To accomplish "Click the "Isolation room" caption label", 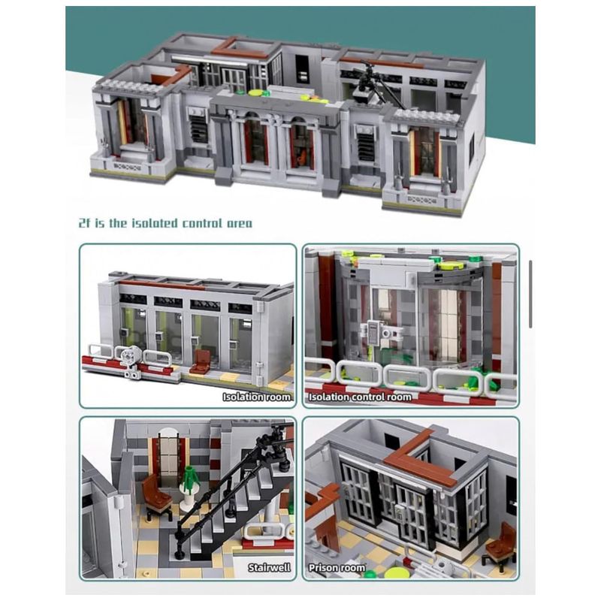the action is coord(256,397).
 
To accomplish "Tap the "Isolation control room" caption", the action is coord(360,397).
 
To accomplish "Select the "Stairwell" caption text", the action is coord(269,568).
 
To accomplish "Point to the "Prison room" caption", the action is coord(337,568).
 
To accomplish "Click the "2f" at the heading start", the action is coord(84,223).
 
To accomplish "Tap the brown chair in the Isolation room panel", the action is coord(201,361).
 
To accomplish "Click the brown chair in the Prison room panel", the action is coord(500,541).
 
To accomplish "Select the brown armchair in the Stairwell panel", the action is coord(157,496).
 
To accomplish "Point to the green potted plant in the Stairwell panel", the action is coord(189,480).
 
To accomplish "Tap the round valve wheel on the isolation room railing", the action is coord(130,355).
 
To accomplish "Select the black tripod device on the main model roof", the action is coord(369,83).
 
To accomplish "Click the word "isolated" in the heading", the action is coord(155,223).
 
